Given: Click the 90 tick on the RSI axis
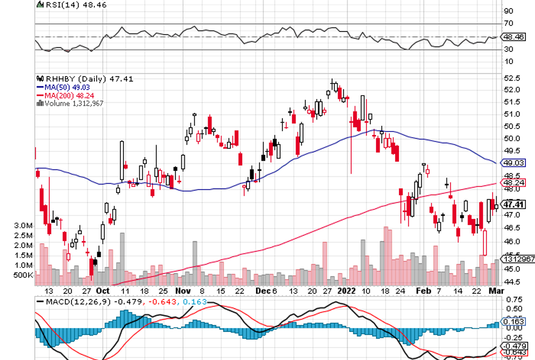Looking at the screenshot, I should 508,11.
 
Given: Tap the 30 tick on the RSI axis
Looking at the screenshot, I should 508,49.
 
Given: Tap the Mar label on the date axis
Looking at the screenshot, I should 495,290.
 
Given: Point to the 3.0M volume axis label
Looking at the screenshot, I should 23,226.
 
